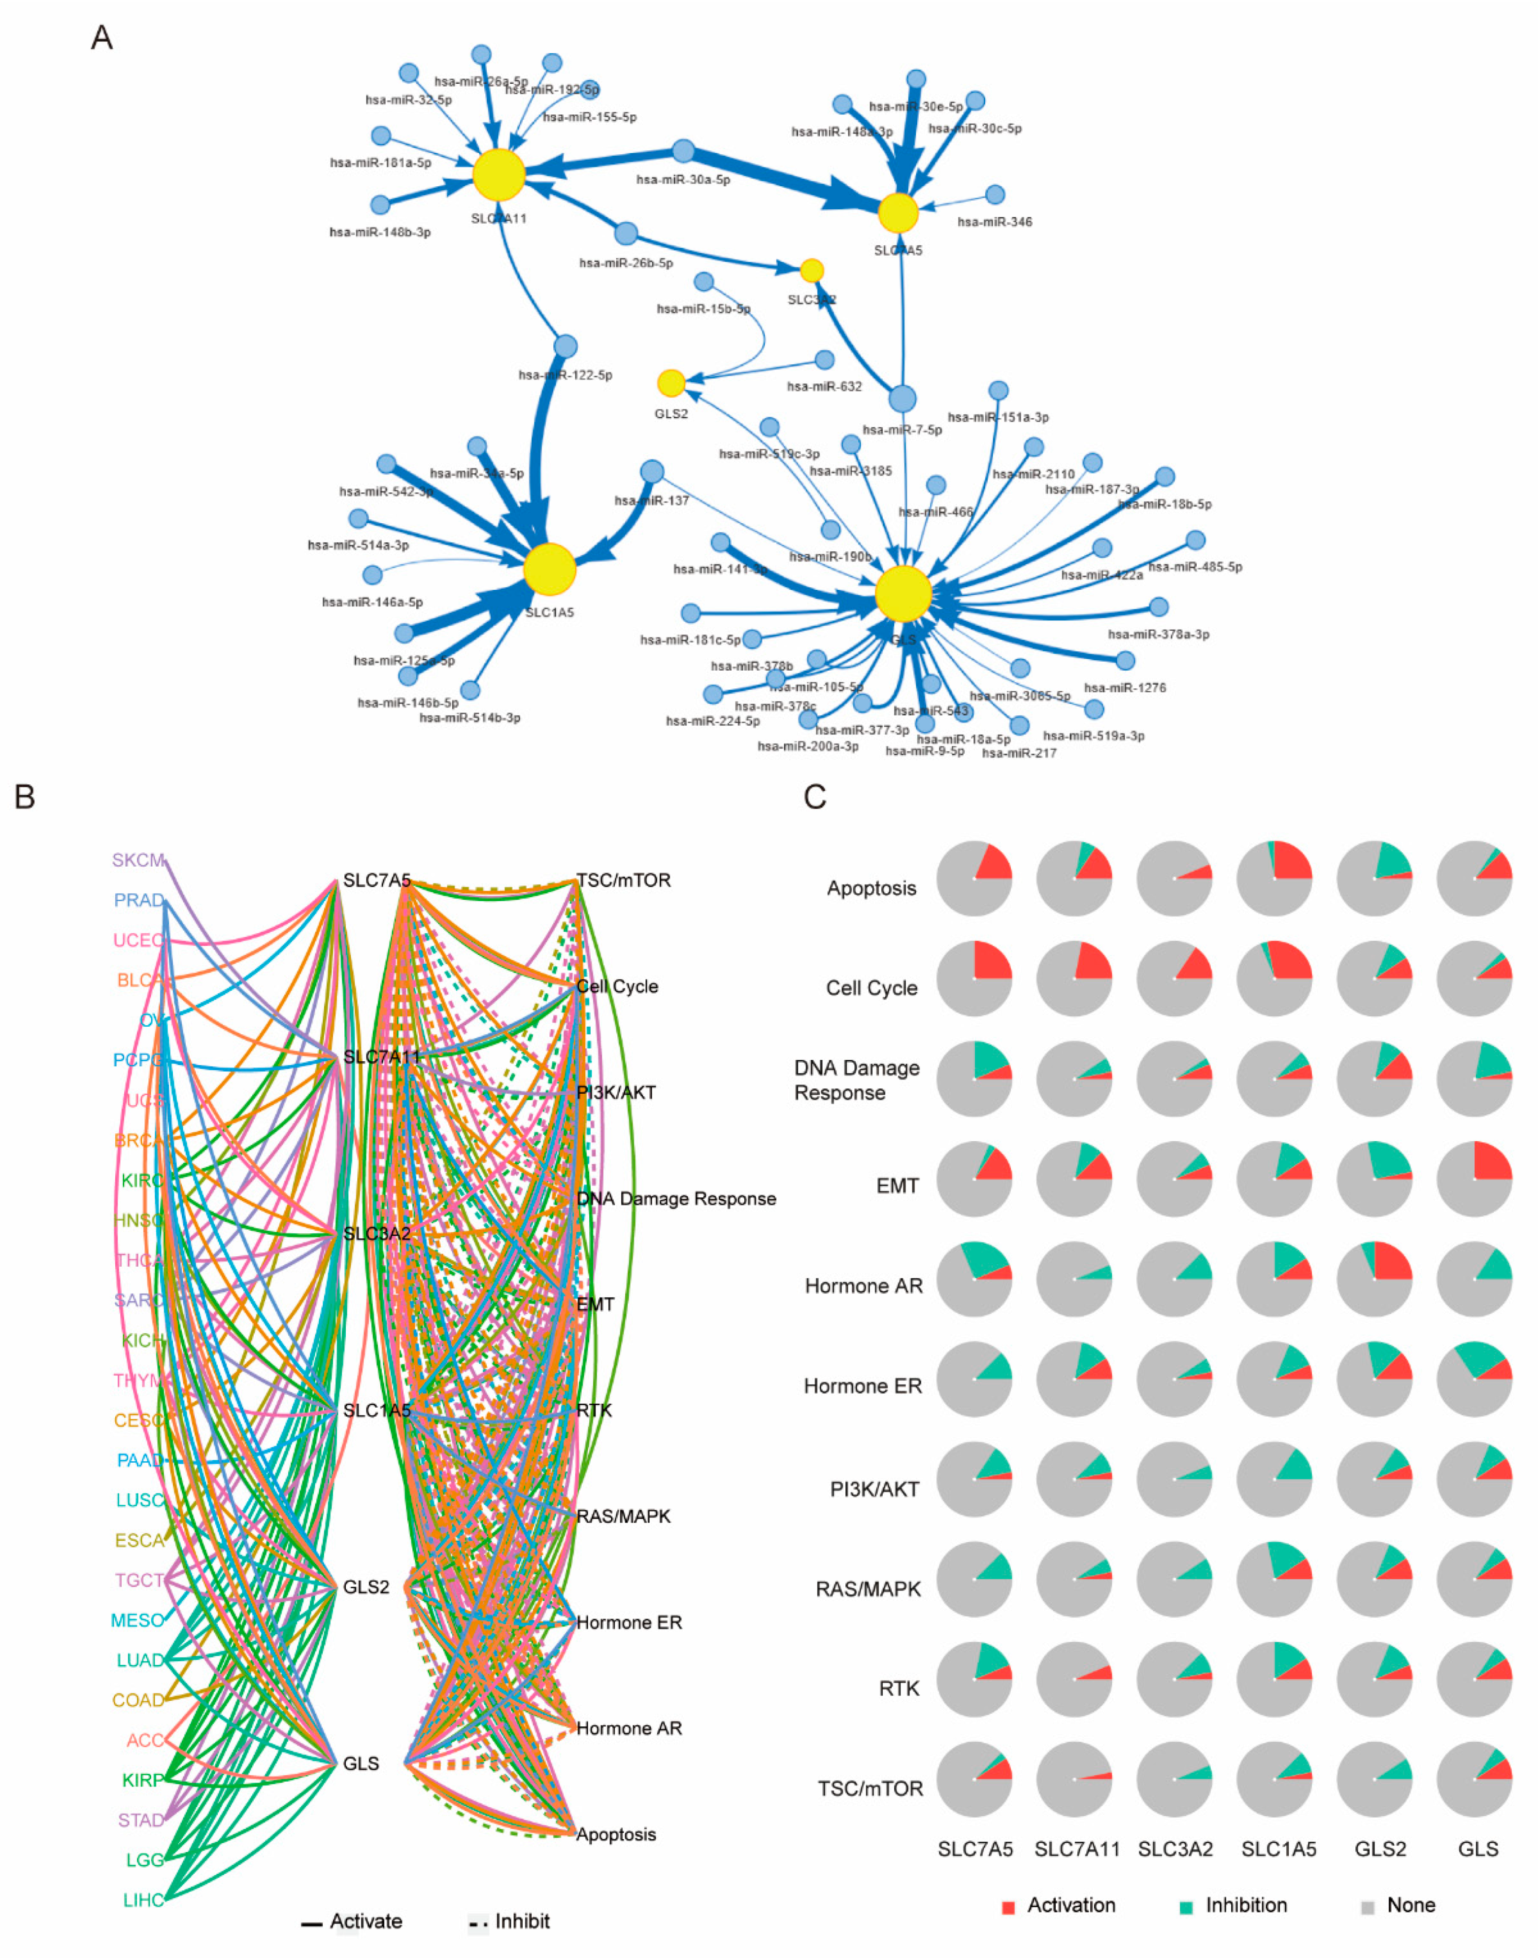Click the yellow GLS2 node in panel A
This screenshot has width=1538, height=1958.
[671, 384]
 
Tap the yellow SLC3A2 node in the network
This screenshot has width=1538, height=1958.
[811, 270]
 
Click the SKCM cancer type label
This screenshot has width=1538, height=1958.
[138, 860]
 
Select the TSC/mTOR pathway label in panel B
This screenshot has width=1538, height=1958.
[623, 880]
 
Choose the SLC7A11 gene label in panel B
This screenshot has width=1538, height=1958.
[381, 1056]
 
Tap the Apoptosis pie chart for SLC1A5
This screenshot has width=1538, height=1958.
[1274, 878]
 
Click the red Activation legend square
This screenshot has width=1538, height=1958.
[1008, 1907]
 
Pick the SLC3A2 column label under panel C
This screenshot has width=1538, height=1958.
[1175, 1849]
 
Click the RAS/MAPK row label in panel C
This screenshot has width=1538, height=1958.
[868, 1589]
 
